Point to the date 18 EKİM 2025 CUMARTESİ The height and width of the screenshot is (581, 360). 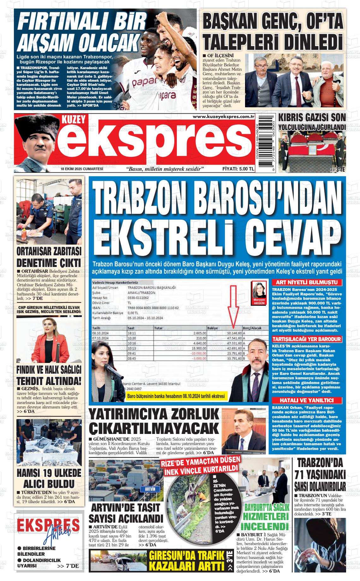click(82, 169)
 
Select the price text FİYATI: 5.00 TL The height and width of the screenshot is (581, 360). click(238, 169)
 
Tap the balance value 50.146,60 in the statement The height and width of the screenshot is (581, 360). click(234, 333)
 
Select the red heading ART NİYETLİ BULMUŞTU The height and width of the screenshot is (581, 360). click(307, 282)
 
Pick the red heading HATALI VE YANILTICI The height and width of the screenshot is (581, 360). click(307, 400)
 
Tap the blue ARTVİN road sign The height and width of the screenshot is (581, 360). click(150, 489)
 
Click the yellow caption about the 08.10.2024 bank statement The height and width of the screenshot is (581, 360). click(177, 396)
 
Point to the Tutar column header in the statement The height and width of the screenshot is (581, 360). click(159, 328)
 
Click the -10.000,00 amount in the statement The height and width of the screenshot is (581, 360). click(198, 353)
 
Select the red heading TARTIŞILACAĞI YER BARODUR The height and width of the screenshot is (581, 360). click(307, 339)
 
